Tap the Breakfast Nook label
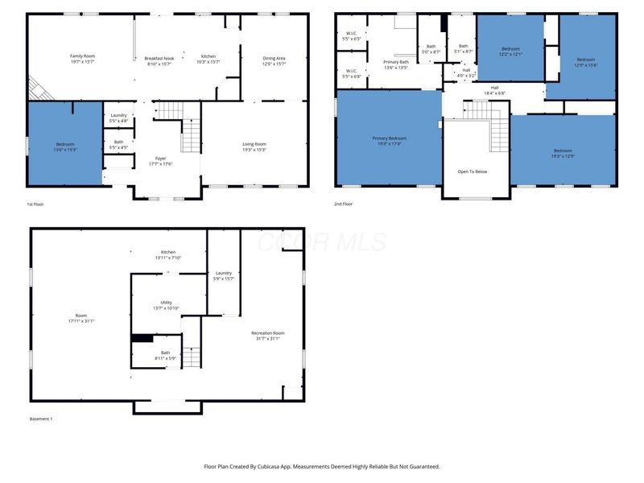(x=159, y=57)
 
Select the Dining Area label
(x=274, y=57)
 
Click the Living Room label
(x=254, y=144)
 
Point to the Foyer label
(x=161, y=159)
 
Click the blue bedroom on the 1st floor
(x=64, y=145)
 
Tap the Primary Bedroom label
(x=388, y=138)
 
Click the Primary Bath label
(x=395, y=62)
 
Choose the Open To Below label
(x=472, y=171)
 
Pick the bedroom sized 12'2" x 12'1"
(x=510, y=50)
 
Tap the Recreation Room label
(x=267, y=332)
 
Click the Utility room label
(x=166, y=303)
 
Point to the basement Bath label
(x=165, y=353)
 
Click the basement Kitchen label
(x=167, y=252)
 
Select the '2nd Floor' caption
(x=343, y=204)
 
